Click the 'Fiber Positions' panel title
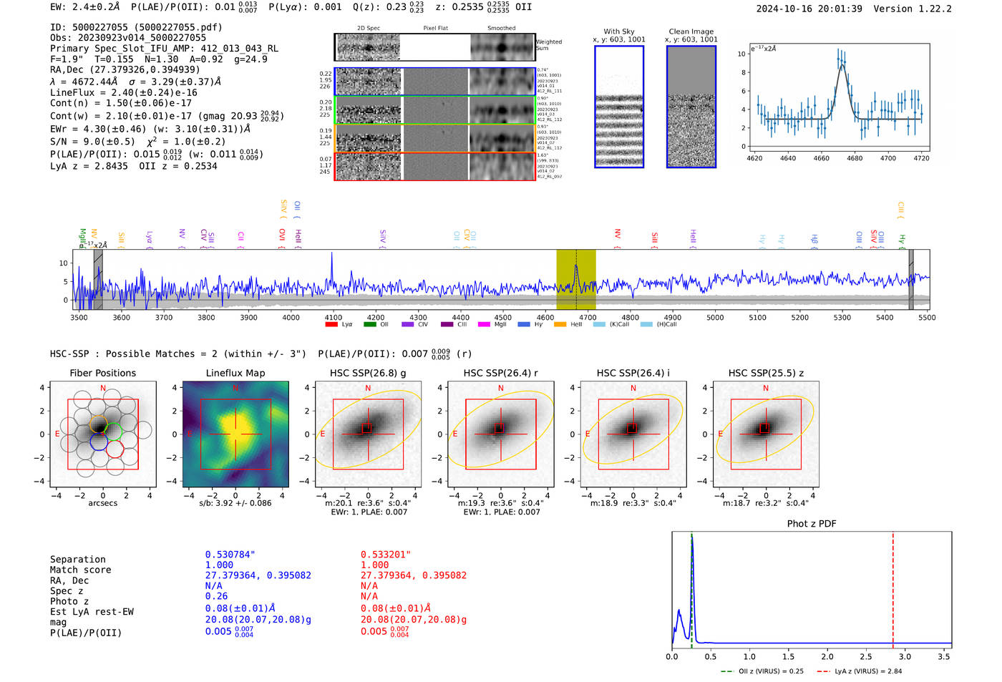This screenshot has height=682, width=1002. pos(102,373)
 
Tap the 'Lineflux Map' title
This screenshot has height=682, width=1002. pos(235,373)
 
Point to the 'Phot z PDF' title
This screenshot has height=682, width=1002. pos(811,523)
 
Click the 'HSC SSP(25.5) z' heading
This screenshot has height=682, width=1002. pos(766,373)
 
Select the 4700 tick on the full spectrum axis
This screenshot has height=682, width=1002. pos(588,318)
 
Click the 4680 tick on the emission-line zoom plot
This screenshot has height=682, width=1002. pos(855,158)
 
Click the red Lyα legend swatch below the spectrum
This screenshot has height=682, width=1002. pos(331,324)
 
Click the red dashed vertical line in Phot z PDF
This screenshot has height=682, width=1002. pos(892,587)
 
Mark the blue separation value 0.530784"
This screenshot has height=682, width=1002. pos(230,555)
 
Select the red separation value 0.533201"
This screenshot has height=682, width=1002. pos(386,555)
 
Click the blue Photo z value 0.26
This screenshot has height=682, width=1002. pos(216,596)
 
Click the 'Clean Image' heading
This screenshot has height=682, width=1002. pos(691,31)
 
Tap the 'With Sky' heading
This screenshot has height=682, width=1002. pos(618,31)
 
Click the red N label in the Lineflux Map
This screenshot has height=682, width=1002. pos(235,389)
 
